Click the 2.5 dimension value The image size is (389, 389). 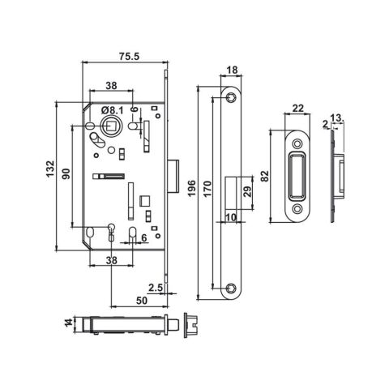(155, 287)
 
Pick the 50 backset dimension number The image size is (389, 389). (141, 301)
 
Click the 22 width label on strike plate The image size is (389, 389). (297, 109)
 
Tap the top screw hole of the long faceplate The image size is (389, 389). (231, 97)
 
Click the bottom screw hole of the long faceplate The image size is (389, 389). (231, 285)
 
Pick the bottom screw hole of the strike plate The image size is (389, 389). (297, 210)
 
